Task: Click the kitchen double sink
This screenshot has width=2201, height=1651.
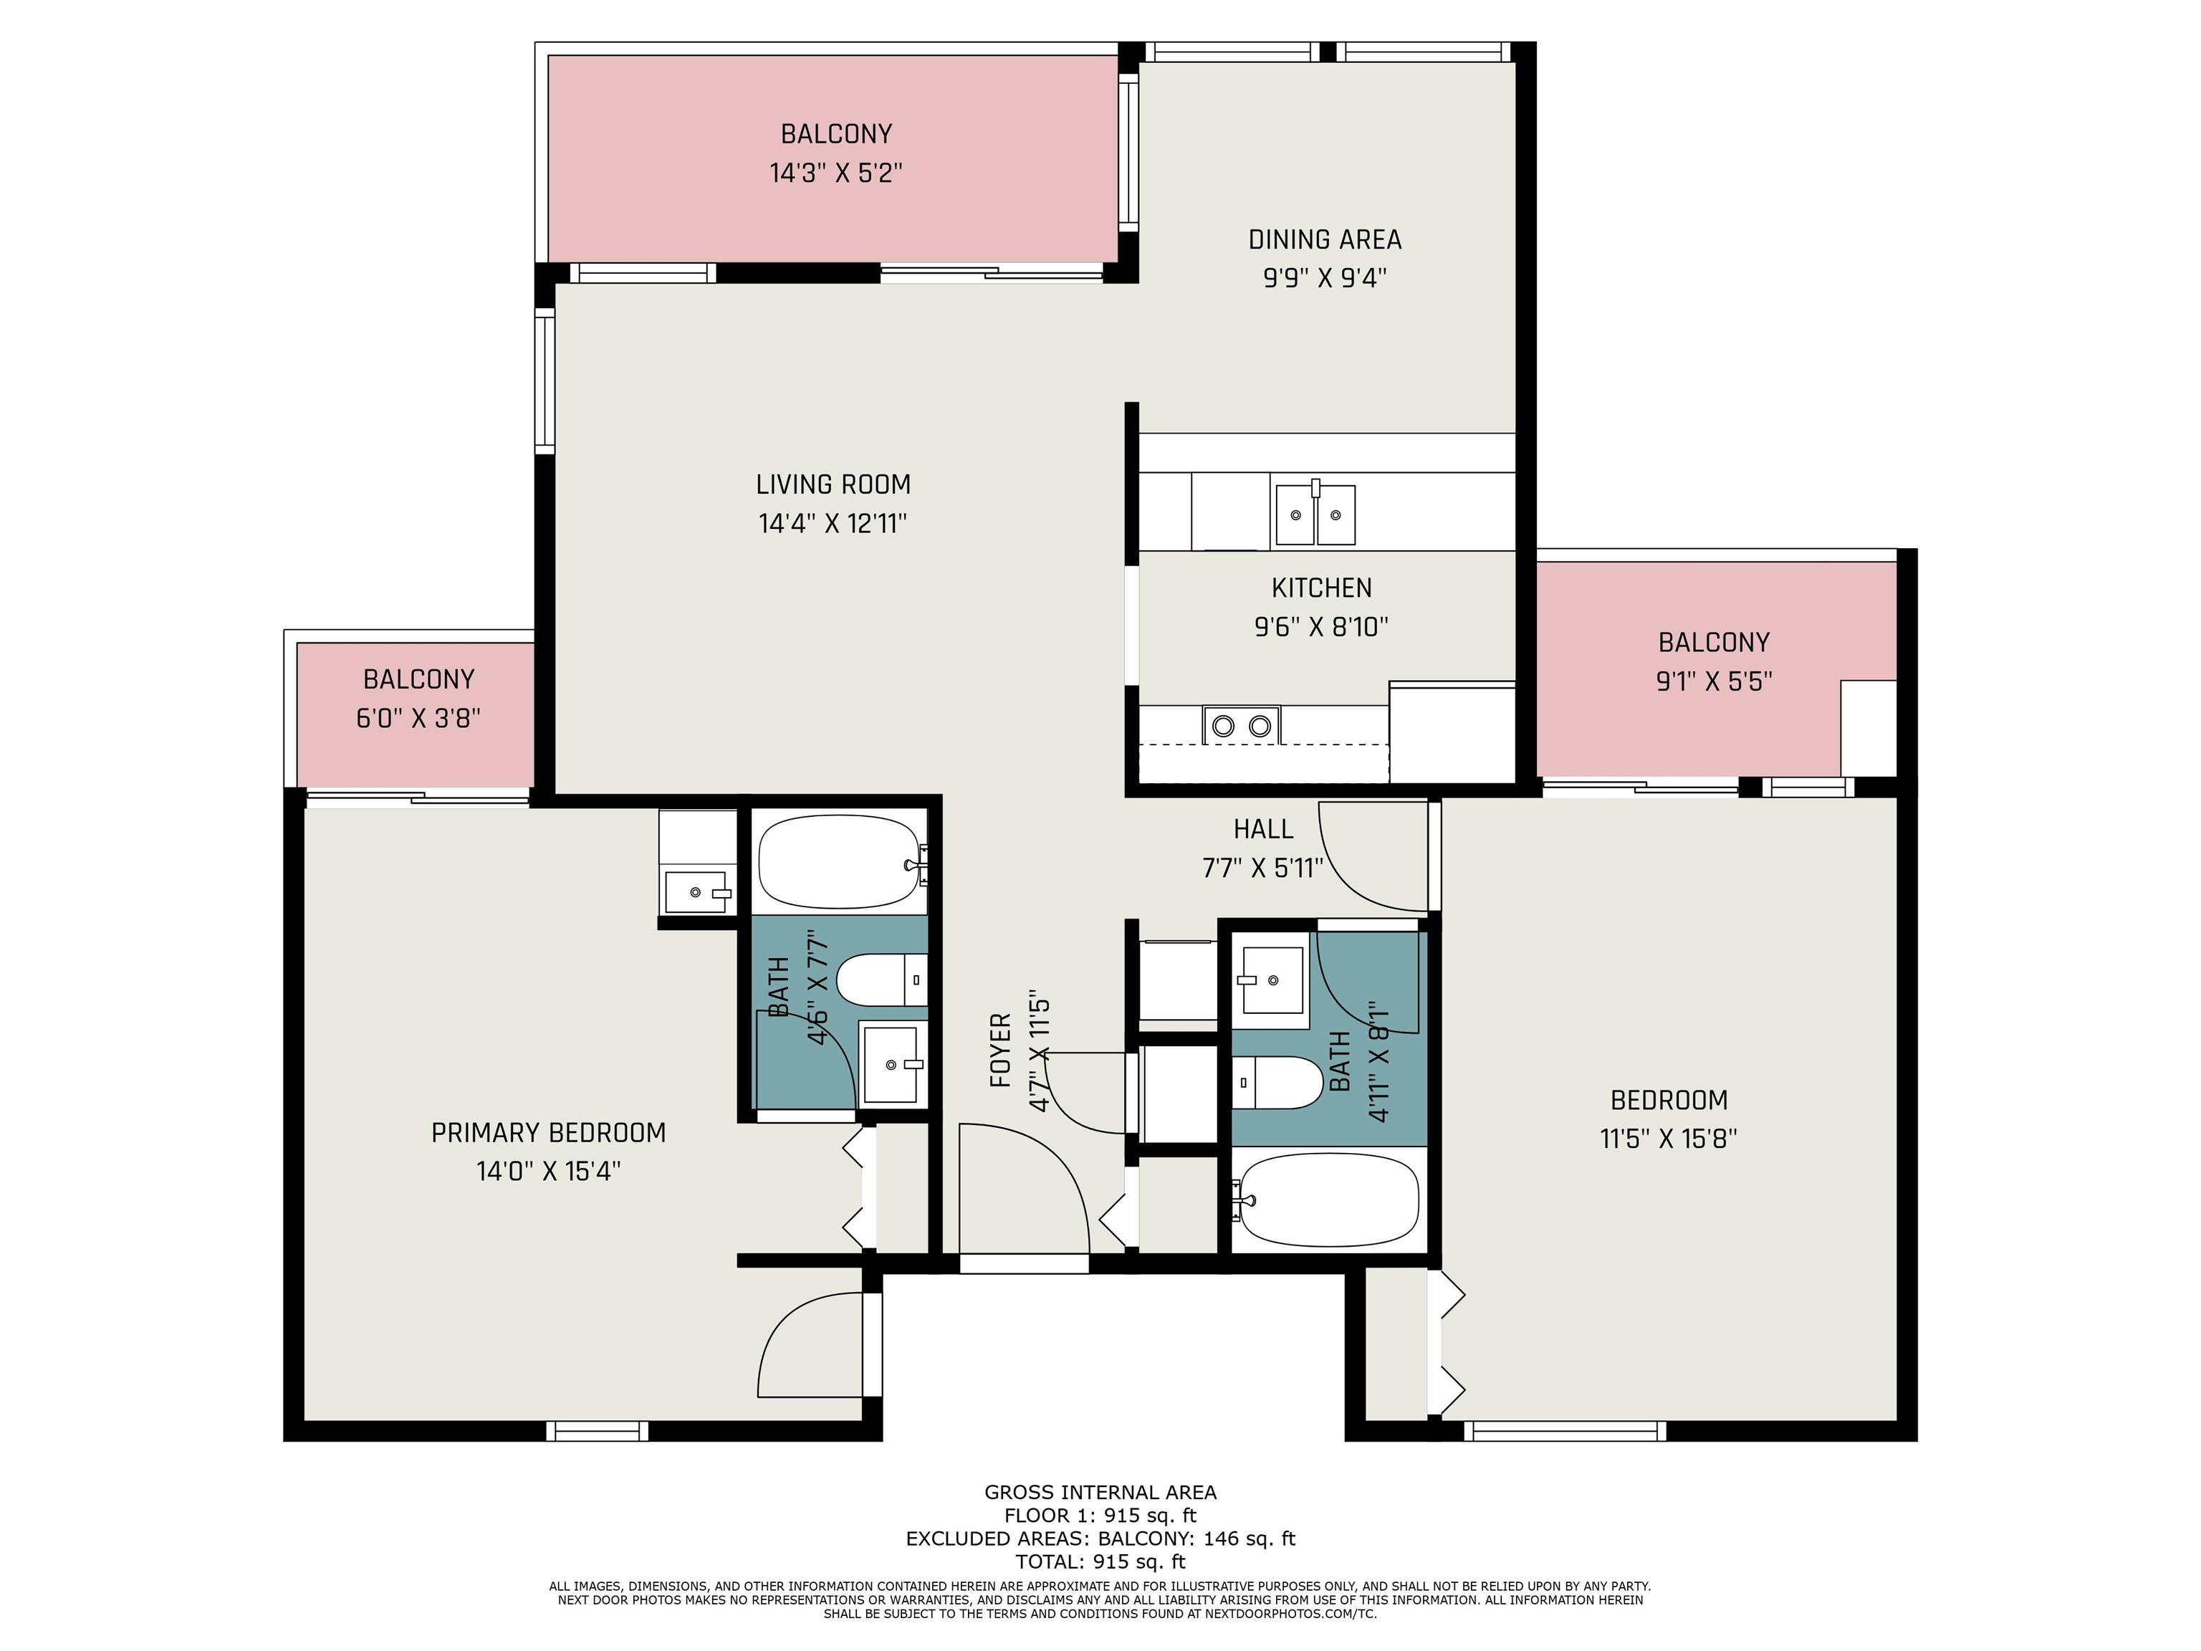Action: (x=1315, y=514)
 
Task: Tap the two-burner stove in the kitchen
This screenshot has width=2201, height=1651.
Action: (x=1241, y=725)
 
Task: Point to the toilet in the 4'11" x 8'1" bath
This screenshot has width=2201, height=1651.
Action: (x=1277, y=1082)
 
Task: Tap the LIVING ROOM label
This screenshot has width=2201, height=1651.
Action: (x=833, y=484)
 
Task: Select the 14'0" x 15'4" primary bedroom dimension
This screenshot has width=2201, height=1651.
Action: (x=548, y=1172)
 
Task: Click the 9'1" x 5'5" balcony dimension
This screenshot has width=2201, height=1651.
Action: (x=1713, y=681)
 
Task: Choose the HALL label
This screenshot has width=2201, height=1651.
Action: (x=1262, y=829)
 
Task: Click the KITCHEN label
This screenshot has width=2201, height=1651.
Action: (x=1321, y=588)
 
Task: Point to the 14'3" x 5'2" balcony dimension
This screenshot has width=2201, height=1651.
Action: (x=836, y=173)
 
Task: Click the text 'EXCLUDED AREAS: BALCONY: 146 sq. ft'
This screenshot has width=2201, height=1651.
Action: (x=1100, y=1538)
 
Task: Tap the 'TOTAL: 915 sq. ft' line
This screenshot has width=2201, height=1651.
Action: (x=1100, y=1561)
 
